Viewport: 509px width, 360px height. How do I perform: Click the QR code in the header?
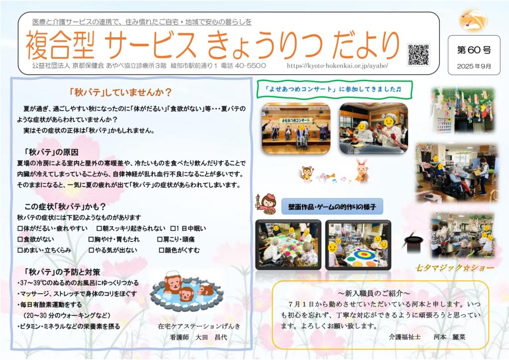click(419, 54)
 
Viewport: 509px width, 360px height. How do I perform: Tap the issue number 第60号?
click(474, 50)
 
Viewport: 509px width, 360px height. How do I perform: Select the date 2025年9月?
click(474, 66)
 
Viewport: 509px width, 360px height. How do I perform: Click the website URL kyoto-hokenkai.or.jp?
click(338, 66)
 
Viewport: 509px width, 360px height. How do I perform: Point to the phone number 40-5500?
click(251, 66)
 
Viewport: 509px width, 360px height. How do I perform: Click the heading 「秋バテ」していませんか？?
click(120, 92)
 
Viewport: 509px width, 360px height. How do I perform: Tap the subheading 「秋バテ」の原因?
click(51, 152)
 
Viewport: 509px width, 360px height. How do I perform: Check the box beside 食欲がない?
click(20, 240)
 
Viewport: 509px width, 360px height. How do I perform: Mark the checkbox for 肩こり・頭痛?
click(160, 240)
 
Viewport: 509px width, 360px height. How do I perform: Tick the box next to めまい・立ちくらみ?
click(20, 250)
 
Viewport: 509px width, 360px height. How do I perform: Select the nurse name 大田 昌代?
click(211, 337)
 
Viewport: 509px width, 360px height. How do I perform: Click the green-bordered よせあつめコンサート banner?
click(335, 90)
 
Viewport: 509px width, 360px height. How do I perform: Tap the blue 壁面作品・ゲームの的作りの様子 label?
click(332, 207)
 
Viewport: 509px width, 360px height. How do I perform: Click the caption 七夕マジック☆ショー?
click(454, 268)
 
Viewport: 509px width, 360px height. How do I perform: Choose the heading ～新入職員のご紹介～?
click(374, 293)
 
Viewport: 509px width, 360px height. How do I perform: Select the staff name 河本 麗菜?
click(449, 337)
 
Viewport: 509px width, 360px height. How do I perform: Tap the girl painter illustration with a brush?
click(266, 204)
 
